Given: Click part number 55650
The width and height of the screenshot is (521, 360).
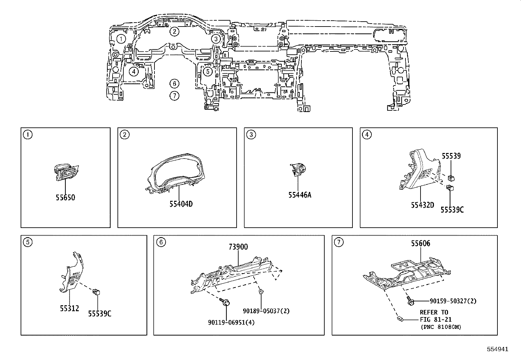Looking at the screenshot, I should tap(65, 198).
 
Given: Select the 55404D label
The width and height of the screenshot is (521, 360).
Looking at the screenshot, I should tap(181, 204).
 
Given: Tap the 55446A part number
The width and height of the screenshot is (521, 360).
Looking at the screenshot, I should tap(299, 195).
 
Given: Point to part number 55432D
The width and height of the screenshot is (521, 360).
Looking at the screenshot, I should tap(422, 205).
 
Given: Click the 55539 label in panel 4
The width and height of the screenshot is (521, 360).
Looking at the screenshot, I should tap(451, 156).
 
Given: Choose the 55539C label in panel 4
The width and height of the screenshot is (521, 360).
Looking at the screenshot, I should tap(452, 210).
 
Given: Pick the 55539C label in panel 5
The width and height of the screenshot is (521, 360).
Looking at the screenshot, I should tap(99, 313).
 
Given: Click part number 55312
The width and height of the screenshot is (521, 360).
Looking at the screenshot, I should tap(69, 308).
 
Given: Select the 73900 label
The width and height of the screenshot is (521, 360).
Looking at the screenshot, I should tap(238, 247).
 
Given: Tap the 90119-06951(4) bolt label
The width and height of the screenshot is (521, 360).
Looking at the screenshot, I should tap(231, 322).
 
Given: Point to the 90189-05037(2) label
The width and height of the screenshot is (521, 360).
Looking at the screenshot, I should tap(266, 311).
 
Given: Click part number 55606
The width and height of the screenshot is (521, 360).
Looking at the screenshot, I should tap(421, 243).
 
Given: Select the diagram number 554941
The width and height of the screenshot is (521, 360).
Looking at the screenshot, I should tap(497, 349).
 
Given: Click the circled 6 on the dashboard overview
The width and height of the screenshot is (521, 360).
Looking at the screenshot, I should tap(174, 84).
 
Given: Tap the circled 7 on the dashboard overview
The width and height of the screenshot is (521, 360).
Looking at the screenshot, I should tap(174, 96).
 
